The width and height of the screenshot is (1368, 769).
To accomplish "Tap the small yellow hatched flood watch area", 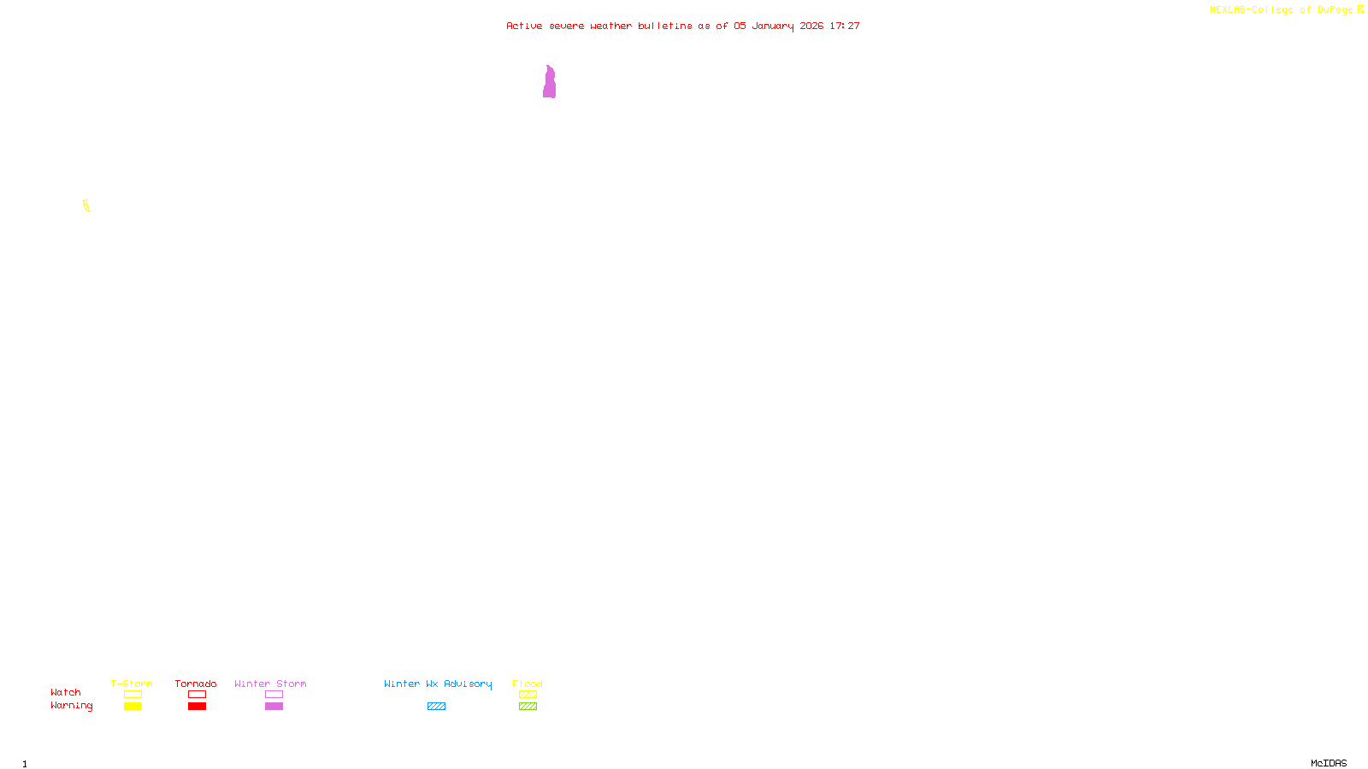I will (x=86, y=205).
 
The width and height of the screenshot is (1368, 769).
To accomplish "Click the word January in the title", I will (x=772, y=26).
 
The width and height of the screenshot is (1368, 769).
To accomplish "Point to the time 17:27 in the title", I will (x=845, y=26).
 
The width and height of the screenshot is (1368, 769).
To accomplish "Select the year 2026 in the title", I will (x=811, y=26).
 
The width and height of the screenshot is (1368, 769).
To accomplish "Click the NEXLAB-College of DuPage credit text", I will (x=1281, y=9).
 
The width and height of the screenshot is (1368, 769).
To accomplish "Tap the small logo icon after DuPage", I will (x=1360, y=9).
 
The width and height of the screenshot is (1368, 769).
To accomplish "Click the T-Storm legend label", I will (x=132, y=684).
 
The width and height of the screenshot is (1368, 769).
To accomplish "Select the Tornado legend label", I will (x=196, y=684).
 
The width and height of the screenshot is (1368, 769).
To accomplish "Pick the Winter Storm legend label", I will (x=270, y=684).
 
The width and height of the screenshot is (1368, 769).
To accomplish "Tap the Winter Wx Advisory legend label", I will (x=438, y=684).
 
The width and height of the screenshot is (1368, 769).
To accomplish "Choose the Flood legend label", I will (x=528, y=684).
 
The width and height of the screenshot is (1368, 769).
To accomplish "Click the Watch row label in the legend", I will (x=66, y=692).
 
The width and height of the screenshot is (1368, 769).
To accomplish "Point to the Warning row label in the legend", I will (x=71, y=706).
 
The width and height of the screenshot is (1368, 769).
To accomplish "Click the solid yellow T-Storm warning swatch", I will (x=133, y=707).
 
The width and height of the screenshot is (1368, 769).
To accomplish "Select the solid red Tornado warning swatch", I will (x=197, y=707).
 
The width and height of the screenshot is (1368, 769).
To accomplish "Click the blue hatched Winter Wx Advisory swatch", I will (x=436, y=707).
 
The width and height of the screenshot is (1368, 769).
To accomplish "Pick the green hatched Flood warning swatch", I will (x=528, y=707).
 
